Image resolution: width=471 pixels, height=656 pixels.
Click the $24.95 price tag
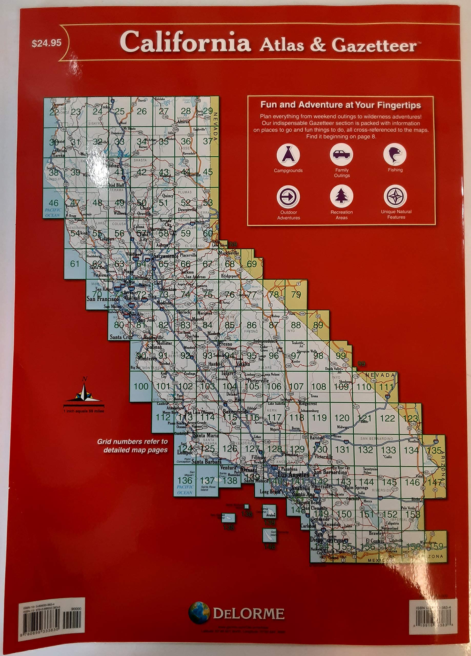tap(47, 43)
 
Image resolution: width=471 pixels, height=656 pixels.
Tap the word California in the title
tap(185, 43)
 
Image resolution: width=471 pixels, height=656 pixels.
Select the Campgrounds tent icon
tap(288, 155)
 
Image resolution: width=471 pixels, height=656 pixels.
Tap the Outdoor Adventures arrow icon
tap(288, 197)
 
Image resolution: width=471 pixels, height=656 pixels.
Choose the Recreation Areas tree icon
tap(341, 197)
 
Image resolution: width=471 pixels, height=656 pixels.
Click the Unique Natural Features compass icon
tap(395, 196)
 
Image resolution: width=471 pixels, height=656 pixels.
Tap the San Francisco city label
tap(103, 299)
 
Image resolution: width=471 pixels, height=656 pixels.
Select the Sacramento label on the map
tap(166, 256)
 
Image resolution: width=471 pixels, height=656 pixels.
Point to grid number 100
tap(141, 386)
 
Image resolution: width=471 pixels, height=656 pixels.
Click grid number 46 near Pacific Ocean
tap(54, 203)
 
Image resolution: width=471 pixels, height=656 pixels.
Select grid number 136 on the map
tap(185, 480)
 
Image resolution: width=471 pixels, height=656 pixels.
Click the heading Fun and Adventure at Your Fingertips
tap(341, 105)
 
